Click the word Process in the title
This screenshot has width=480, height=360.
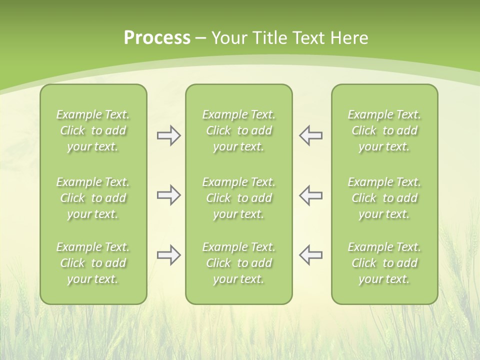tap(157, 38)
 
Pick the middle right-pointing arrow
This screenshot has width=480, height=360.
tap(168, 195)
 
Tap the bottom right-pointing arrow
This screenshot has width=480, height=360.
tap(168, 255)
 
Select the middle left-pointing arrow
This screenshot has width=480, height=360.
tap(310, 195)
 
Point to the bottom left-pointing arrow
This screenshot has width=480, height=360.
tap(310, 255)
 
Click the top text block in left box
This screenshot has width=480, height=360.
tap(93, 130)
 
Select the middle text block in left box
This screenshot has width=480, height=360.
tap(93, 198)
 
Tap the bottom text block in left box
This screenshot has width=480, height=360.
tap(93, 263)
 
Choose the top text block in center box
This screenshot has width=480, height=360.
tap(238, 130)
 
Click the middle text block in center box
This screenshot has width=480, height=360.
tap(238, 198)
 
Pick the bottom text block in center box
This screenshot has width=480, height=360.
tap(238, 263)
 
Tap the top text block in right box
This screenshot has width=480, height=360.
tap(384, 130)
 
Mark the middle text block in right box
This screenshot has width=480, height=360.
tap(384, 198)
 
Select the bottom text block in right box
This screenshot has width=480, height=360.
tap(384, 263)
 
